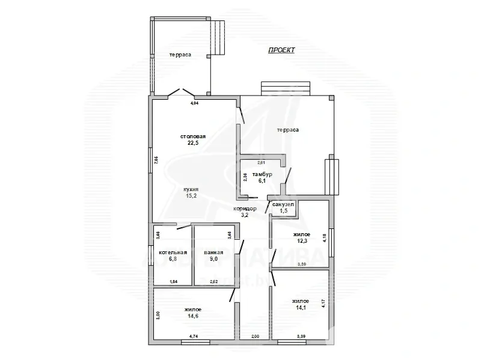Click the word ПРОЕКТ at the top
coord(281,50)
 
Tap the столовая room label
coord(192,136)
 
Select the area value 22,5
coord(192,143)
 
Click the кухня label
coord(191,189)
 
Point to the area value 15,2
coord(191,195)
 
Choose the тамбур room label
coord(262,174)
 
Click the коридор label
coord(245,209)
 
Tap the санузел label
coord(283,205)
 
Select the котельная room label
coord(173,252)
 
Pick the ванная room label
coord(213,252)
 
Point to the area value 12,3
coord(301,241)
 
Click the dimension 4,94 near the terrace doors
coord(194,104)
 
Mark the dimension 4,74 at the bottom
coord(194,337)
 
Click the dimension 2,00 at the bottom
coord(255,337)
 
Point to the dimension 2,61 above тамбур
coord(261,163)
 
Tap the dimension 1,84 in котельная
coord(173,281)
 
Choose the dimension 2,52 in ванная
coord(213,281)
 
